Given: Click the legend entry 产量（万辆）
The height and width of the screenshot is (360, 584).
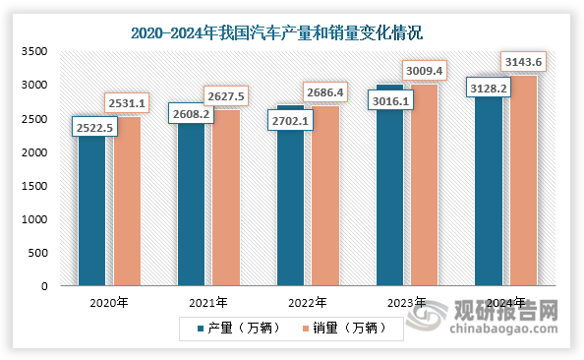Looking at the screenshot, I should tap(242, 326).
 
